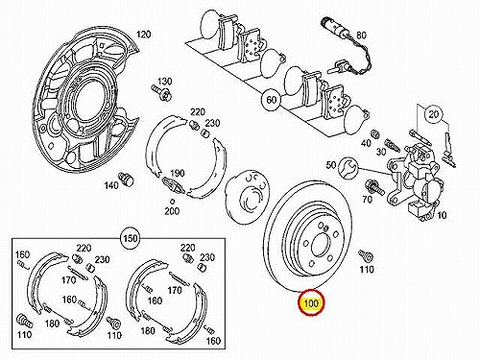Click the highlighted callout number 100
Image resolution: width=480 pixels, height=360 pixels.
click(311, 302)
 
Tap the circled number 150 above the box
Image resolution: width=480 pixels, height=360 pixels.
click(131, 238)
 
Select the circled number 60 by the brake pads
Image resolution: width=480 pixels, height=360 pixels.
click(272, 100)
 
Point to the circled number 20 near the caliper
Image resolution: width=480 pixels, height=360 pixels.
click(434, 114)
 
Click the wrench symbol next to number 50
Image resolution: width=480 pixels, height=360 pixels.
click(348, 167)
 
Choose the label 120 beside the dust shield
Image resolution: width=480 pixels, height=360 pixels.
click(144, 35)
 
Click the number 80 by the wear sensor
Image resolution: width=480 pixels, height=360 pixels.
click(361, 36)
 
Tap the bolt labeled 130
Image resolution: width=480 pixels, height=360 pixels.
click(162, 92)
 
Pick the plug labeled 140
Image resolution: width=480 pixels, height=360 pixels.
click(127, 179)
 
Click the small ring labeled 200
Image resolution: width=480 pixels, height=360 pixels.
click(172, 202)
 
